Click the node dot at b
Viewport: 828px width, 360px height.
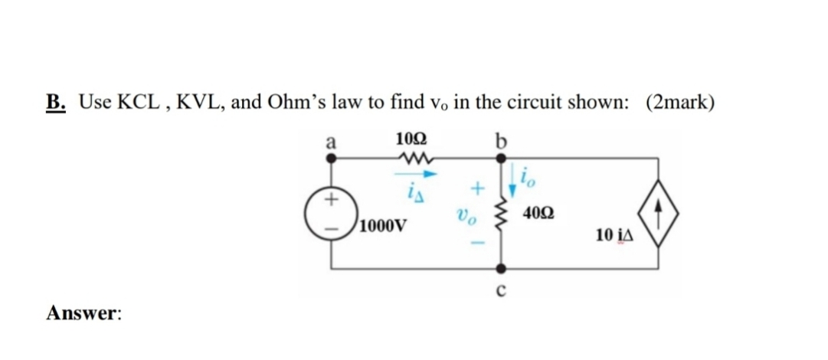click(x=502, y=157)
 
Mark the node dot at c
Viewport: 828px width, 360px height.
click(x=502, y=269)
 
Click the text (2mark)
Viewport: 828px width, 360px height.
click(x=680, y=103)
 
